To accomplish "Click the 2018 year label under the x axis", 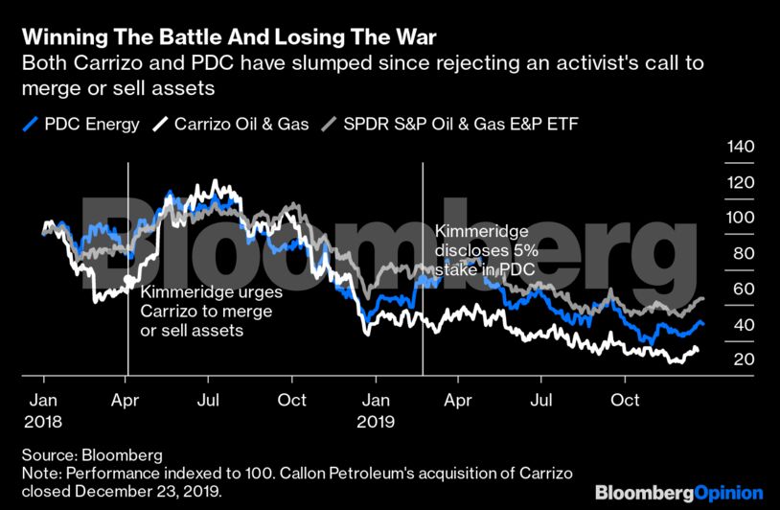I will coord(43,419).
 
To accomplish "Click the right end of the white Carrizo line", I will coord(698,349).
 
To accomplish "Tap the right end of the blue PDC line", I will coord(702,323).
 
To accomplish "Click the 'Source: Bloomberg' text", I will coord(92,454).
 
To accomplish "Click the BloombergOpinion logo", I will coord(678,492).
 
